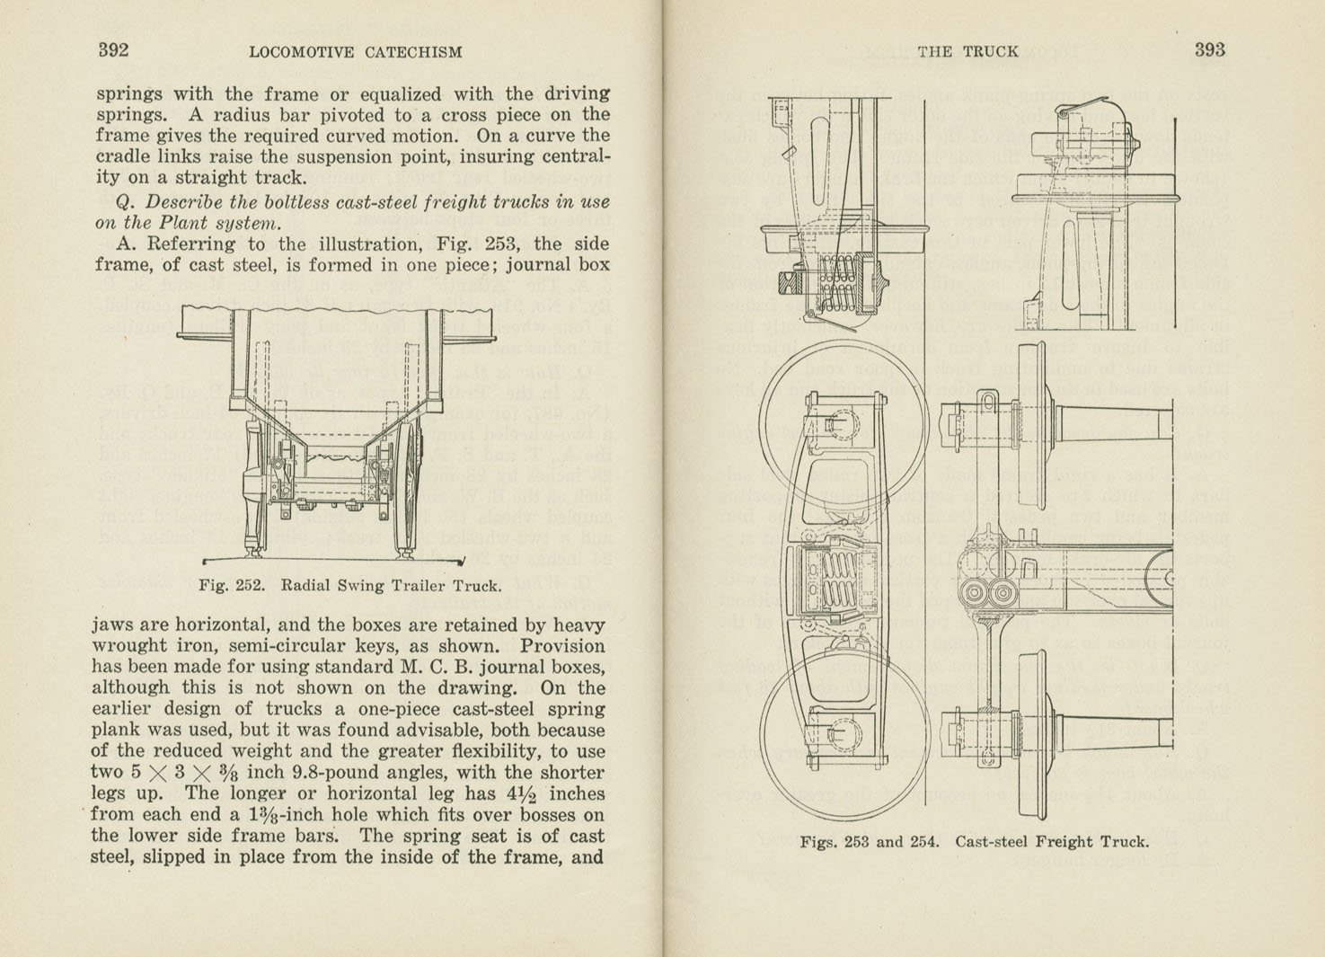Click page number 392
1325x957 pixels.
tap(113, 50)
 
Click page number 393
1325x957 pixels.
tap(1209, 50)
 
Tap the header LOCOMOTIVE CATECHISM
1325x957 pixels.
tap(355, 52)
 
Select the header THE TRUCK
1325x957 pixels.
tap(967, 52)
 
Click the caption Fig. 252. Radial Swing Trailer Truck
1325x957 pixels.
tap(349, 586)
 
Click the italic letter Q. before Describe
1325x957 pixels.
tap(128, 202)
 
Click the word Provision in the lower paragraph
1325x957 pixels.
tap(562, 646)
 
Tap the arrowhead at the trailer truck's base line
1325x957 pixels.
tap(460, 563)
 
